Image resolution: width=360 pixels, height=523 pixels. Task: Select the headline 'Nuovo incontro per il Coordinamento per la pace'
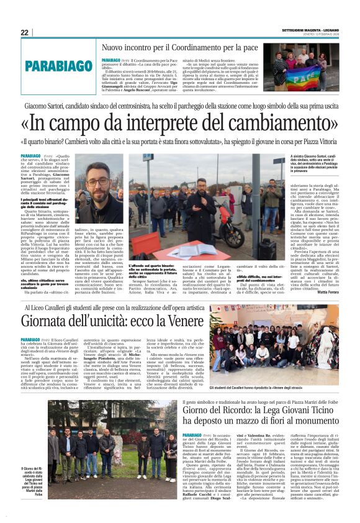coord(180,47)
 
